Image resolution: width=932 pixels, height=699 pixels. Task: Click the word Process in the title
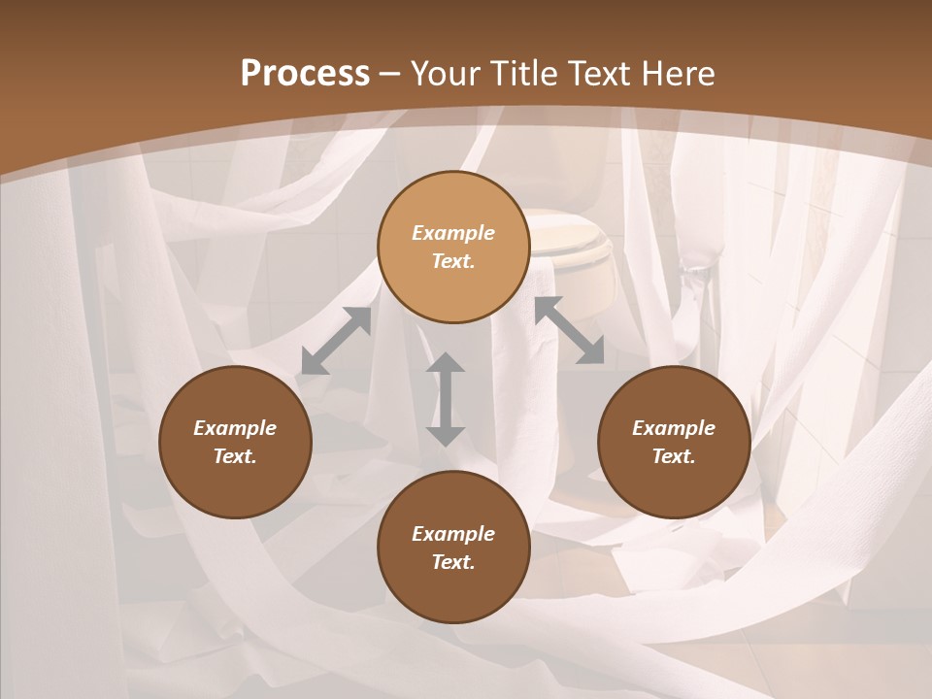pos(305,73)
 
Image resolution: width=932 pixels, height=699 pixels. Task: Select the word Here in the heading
pos(677,73)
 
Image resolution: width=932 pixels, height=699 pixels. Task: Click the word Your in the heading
pos(446,73)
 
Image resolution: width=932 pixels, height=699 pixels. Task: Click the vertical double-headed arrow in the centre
pos(446,399)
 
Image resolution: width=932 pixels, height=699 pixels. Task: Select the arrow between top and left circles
pos(336,341)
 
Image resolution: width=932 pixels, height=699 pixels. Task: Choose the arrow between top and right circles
pos(569,330)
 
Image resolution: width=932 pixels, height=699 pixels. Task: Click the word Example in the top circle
pos(453,233)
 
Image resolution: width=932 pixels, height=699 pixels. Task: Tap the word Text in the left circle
pos(235,456)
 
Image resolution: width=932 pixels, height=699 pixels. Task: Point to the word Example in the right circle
pos(673,428)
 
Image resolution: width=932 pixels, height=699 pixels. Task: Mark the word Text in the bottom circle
pos(453,562)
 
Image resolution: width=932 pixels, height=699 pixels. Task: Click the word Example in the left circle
pos(235,428)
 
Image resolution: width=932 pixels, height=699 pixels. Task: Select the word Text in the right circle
pos(673,456)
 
